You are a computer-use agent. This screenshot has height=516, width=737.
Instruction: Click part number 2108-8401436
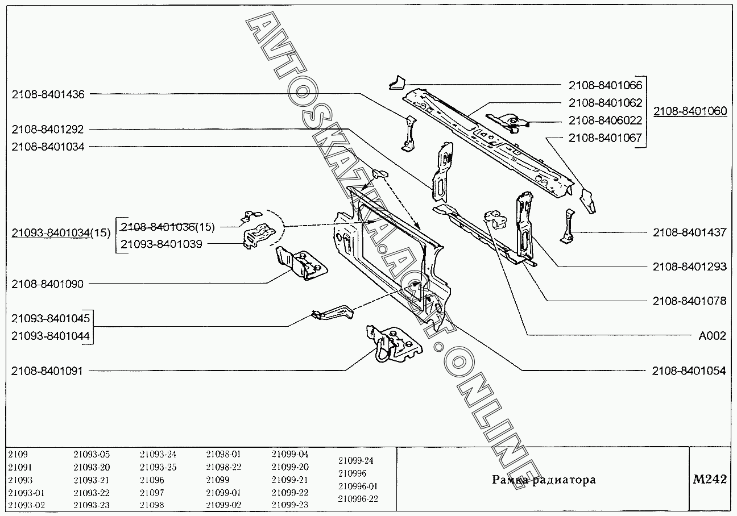pyautogui.click(x=48, y=95)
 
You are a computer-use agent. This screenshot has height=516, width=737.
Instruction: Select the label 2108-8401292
pyautogui.click(x=48, y=130)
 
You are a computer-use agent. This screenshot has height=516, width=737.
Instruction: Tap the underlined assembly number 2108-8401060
pyautogui.click(x=690, y=111)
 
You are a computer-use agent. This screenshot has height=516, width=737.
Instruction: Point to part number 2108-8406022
pyautogui.click(x=605, y=120)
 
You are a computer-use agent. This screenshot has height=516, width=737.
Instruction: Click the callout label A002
pyautogui.click(x=712, y=336)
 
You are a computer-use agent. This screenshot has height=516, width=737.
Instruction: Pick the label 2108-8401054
pyautogui.click(x=689, y=371)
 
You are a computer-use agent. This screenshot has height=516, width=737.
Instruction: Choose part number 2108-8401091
pyautogui.click(x=48, y=371)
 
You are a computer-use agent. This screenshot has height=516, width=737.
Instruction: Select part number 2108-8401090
pyautogui.click(x=48, y=284)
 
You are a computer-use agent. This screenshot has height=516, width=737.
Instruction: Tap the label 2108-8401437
pyautogui.click(x=689, y=232)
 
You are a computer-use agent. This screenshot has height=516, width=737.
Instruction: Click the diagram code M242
pyautogui.click(x=709, y=480)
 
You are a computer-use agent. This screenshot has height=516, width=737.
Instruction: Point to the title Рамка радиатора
pyautogui.click(x=544, y=480)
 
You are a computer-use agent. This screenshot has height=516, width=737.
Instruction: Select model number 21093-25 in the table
pyautogui.click(x=158, y=467)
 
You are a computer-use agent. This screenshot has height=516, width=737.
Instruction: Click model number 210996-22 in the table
pyautogui.click(x=358, y=499)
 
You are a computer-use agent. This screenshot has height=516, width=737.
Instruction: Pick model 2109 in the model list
pyautogui.click(x=18, y=454)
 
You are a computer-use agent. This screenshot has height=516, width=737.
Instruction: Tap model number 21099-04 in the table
pyautogui.click(x=290, y=454)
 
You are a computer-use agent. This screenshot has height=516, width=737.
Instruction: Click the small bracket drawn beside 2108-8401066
pyautogui.click(x=396, y=83)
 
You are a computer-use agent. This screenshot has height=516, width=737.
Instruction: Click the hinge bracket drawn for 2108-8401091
pyautogui.click(x=392, y=344)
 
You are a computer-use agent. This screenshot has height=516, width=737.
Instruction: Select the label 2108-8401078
pyautogui.click(x=689, y=301)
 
